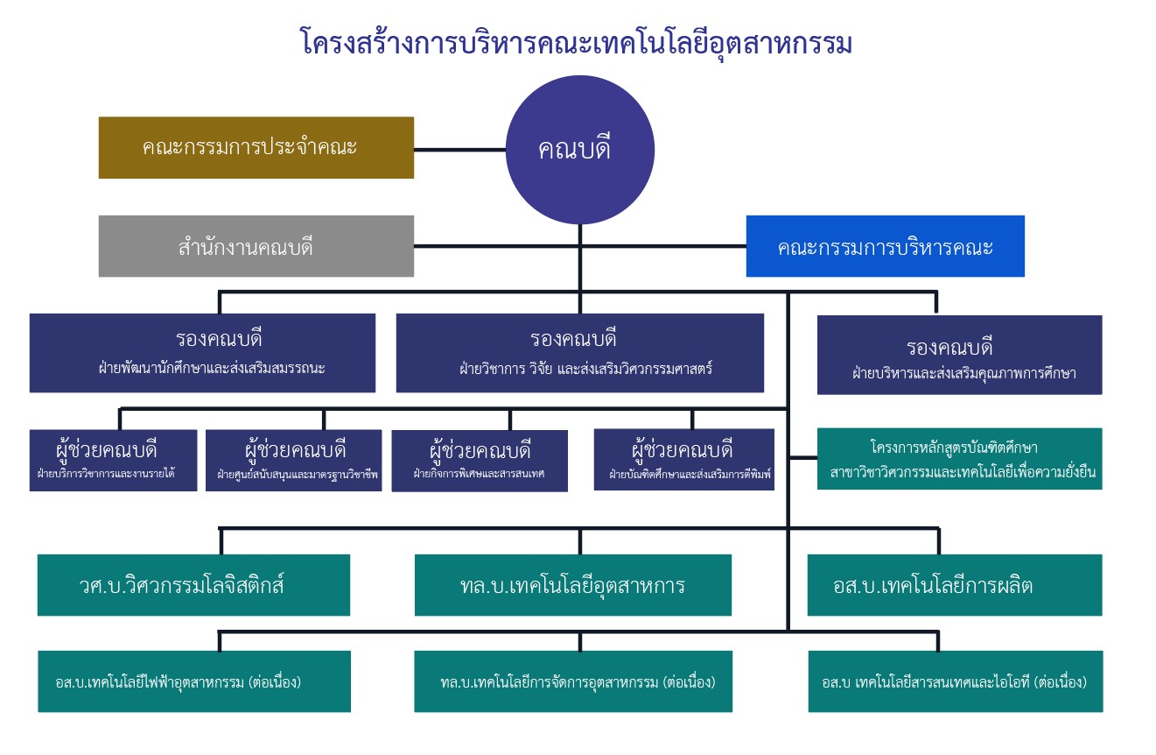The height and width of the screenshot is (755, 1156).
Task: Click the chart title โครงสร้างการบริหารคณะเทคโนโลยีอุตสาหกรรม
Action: tap(576, 41)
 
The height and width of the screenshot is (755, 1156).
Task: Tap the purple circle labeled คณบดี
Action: tap(579, 150)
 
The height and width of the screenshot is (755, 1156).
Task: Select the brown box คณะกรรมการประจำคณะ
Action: tap(256, 147)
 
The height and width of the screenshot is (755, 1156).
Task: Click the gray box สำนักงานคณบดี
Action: tap(256, 246)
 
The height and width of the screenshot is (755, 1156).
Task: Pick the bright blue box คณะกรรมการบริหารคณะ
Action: tap(885, 246)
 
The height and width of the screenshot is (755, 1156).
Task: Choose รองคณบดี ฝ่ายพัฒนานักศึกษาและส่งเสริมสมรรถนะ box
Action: tap(202, 352)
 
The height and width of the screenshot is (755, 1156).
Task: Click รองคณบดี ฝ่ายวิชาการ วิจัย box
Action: tap(579, 352)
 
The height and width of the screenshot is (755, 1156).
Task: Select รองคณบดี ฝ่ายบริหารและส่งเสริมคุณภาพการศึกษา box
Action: tap(959, 355)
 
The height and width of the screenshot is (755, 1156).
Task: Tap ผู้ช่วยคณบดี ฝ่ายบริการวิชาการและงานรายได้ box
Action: tap(113, 460)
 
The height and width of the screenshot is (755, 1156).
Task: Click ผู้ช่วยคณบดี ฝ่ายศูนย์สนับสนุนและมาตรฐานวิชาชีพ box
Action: tap(294, 460)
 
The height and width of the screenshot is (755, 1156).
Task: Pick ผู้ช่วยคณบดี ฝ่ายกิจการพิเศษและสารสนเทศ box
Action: tap(479, 460)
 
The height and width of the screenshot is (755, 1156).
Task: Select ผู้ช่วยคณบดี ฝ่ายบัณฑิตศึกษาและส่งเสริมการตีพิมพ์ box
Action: tap(683, 459)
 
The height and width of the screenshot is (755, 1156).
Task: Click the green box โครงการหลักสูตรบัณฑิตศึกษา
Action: tap(959, 458)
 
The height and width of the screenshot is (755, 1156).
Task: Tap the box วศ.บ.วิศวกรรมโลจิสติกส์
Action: tap(193, 585)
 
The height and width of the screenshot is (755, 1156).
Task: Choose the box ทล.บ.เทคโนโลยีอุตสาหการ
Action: tap(572, 585)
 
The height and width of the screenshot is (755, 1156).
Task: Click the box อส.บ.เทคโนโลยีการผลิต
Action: tap(954, 585)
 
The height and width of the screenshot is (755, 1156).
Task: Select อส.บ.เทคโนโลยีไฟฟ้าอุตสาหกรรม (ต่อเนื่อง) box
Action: tap(193, 681)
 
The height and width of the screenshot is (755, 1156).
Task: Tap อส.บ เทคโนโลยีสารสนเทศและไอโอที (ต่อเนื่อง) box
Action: tap(955, 681)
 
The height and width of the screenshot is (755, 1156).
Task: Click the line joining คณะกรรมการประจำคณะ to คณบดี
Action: tap(459, 150)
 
